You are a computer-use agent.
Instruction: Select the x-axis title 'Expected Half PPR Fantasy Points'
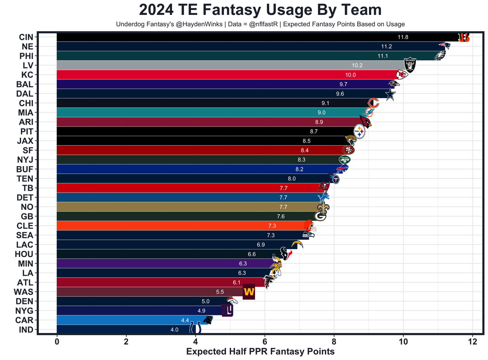point(260,352)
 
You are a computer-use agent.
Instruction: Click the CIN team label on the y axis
point(26,37)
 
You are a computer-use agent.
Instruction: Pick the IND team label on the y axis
point(26,330)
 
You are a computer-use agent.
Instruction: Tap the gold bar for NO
point(172,207)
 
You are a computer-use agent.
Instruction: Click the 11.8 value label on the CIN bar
point(403,37)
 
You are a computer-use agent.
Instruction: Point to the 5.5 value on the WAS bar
point(220,292)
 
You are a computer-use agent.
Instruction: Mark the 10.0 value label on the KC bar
point(350,75)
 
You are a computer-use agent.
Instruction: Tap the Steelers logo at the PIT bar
point(360,132)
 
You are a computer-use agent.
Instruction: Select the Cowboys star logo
point(389,94)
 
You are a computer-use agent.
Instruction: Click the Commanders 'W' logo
point(249,292)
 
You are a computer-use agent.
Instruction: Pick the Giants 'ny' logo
point(227,310)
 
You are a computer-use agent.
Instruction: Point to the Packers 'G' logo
point(320,216)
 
